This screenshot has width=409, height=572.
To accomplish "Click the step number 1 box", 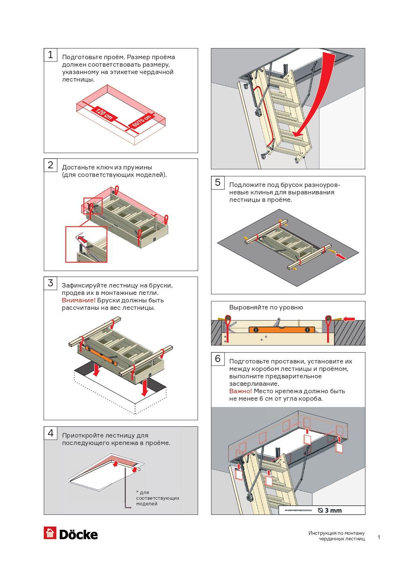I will click(x=51, y=55).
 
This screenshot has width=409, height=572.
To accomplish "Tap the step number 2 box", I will click(x=51, y=165).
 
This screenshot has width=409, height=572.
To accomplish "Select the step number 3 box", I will click(x=51, y=283).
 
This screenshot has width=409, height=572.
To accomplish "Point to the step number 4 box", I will click(x=51, y=433).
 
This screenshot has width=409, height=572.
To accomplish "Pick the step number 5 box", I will click(x=218, y=182).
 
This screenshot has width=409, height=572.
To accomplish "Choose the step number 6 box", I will click(x=218, y=359).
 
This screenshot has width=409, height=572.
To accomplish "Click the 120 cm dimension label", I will click(x=104, y=113).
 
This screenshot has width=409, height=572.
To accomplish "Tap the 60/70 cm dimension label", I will click(x=142, y=121).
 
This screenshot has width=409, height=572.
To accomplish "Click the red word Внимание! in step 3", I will click(x=79, y=301).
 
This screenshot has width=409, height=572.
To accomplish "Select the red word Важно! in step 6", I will click(x=240, y=391).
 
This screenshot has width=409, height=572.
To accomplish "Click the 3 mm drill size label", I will click(x=333, y=511).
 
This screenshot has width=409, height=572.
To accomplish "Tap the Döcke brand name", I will click(x=79, y=535).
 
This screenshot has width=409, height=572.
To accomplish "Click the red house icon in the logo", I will click(x=50, y=533).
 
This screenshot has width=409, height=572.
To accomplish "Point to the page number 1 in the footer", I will click(x=379, y=537).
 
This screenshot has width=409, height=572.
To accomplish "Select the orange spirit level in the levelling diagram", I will click(x=281, y=330).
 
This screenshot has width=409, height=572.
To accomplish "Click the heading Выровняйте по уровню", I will click(x=266, y=308).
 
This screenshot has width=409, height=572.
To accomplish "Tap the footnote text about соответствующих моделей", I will click(x=157, y=498).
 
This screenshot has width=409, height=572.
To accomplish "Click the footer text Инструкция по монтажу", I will click(x=336, y=533).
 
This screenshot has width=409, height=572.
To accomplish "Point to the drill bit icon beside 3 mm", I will click(x=298, y=511).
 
